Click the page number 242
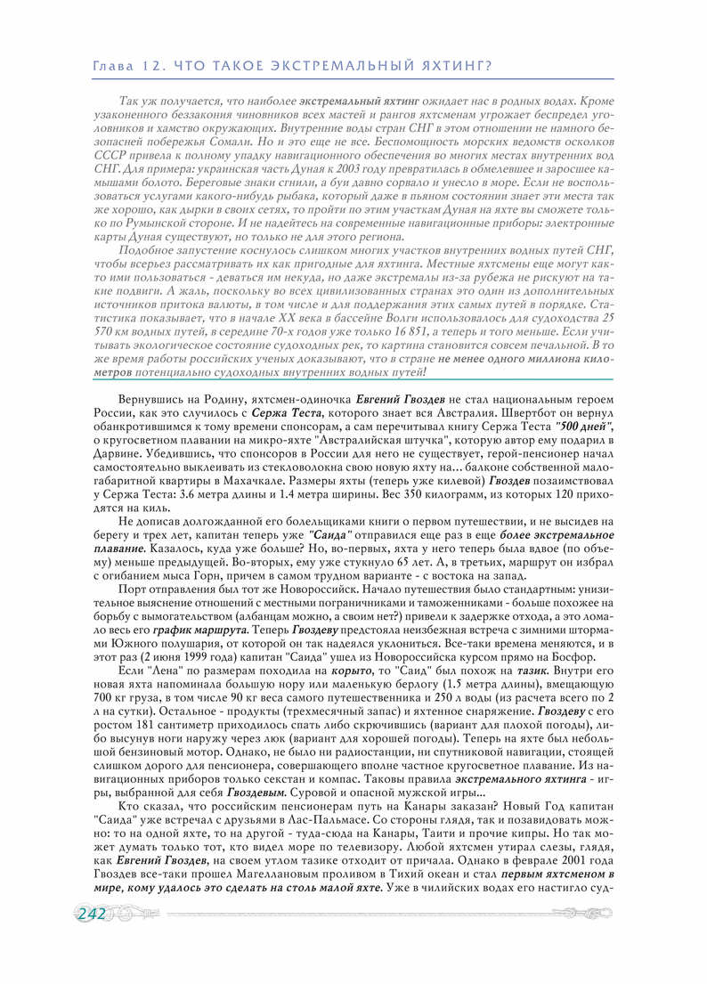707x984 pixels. (x=92, y=914)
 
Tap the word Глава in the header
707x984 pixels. (x=114, y=67)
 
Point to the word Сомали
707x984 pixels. (x=229, y=142)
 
